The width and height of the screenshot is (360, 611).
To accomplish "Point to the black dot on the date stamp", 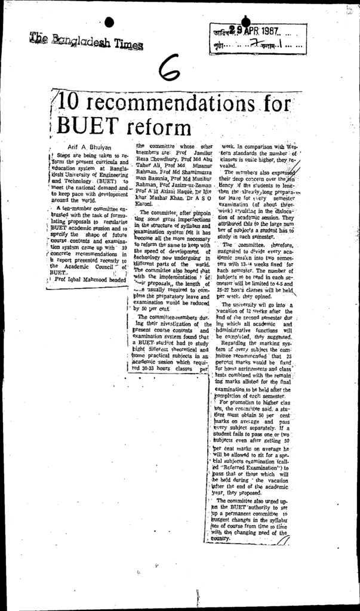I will pos(244,22).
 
